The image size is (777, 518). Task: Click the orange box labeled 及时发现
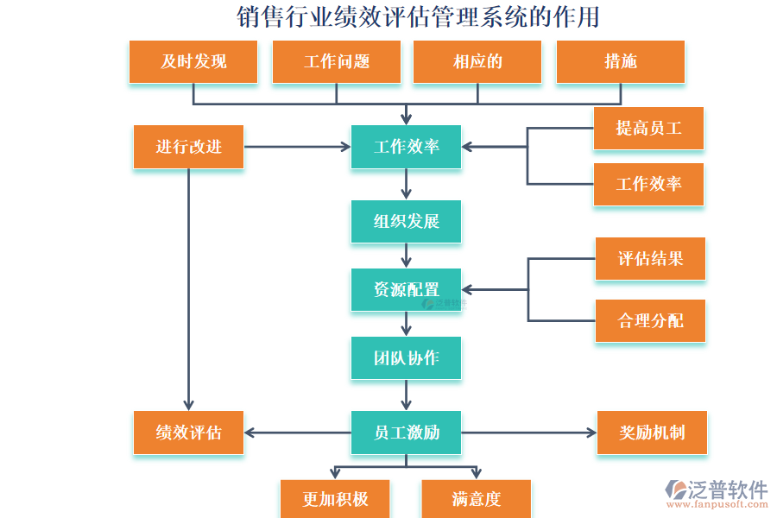pos(193,61)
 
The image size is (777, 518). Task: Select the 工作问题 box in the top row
pos(336,61)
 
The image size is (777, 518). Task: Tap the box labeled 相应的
pos(477,61)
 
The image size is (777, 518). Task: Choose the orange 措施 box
pos(620,61)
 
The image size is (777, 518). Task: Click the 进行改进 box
pos(188,147)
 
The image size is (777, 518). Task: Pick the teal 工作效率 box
pos(406,147)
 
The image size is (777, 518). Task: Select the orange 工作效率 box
pos(648,184)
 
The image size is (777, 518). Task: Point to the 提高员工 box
pos(648,129)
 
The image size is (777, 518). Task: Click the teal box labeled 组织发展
pos(406,221)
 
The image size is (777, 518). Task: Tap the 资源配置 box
pos(406,289)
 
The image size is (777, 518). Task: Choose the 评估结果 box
pos(650,258)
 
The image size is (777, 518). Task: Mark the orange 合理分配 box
pos(650,320)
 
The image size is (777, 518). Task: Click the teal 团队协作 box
pos(406,357)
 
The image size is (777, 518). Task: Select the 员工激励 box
pos(406,433)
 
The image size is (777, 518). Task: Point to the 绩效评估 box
pos(188,433)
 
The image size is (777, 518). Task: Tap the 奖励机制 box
pos(652,433)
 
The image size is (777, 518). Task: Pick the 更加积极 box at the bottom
pos(335,499)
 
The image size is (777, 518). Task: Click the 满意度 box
pos(476,499)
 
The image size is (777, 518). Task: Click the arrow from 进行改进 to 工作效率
pos(297,147)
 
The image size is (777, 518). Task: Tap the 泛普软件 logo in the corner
pos(716,493)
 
